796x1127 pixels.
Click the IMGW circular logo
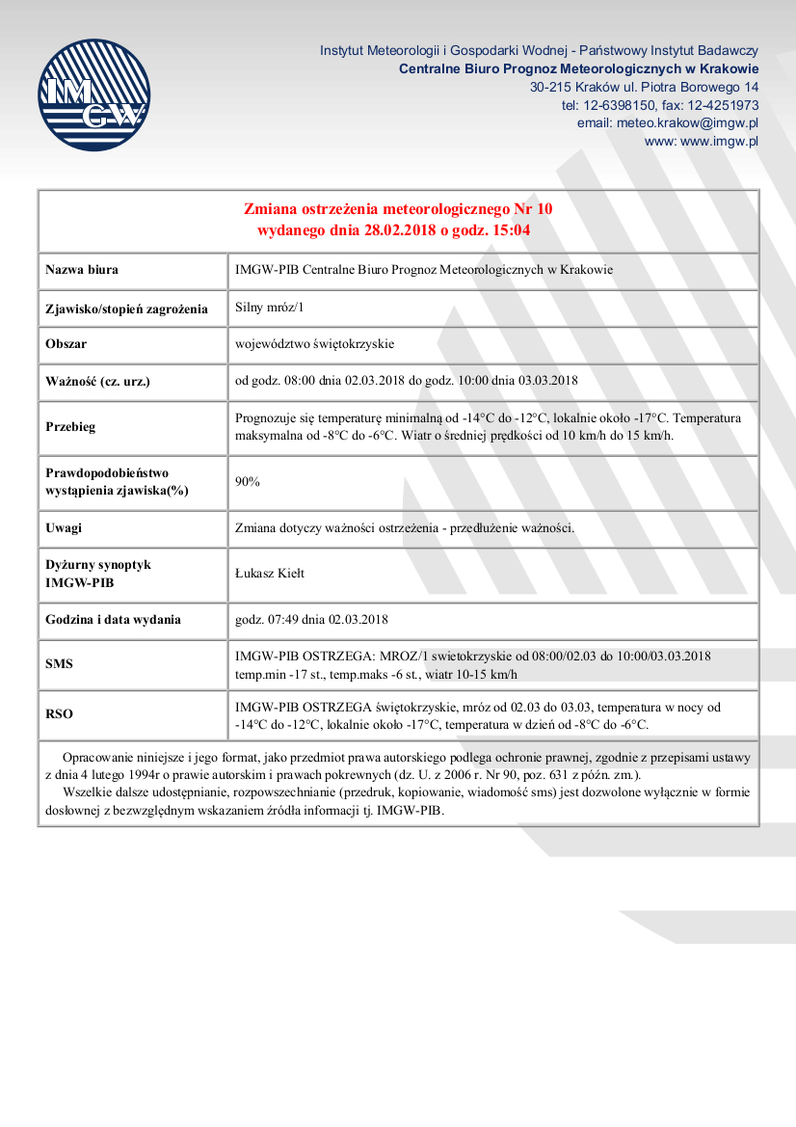(94, 94)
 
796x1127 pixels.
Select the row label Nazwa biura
(82, 270)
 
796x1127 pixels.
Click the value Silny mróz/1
(269, 308)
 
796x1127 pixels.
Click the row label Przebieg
(70, 427)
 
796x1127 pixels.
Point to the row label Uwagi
(64, 527)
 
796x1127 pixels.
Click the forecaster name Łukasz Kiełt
(270, 573)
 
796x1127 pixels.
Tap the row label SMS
(59, 664)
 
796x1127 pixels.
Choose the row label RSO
(59, 714)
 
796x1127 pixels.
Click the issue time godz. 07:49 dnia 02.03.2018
(311, 619)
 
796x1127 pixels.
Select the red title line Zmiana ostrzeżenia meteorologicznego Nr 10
(397, 208)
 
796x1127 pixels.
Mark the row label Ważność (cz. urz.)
(97, 381)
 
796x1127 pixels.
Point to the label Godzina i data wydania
(113, 619)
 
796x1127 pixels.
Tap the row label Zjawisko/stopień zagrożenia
(126, 309)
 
